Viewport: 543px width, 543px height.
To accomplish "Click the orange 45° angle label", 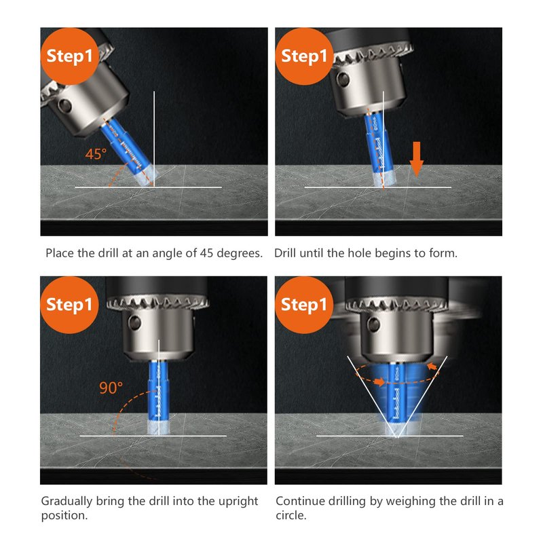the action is [x=96, y=154].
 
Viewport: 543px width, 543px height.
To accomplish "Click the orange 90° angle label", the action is [x=111, y=388].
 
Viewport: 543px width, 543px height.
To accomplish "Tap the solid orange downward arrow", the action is [x=416, y=159].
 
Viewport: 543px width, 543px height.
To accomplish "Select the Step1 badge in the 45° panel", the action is [x=70, y=56].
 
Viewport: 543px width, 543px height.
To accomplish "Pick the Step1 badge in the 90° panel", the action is [x=70, y=305].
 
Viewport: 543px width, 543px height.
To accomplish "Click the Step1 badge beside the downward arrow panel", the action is [x=304, y=56].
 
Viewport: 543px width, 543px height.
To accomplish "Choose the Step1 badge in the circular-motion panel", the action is [x=304, y=305].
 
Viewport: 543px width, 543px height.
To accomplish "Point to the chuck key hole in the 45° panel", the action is [x=65, y=105].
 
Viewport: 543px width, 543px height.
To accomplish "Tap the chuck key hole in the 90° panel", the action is [x=134, y=322].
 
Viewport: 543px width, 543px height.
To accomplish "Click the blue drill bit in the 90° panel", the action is [x=158, y=398].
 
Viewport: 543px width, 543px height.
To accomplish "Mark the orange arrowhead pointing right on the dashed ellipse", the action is [x=379, y=381].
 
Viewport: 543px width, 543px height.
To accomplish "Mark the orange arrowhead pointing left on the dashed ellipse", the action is [x=432, y=366].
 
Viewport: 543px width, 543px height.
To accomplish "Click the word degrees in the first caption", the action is [x=240, y=253].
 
